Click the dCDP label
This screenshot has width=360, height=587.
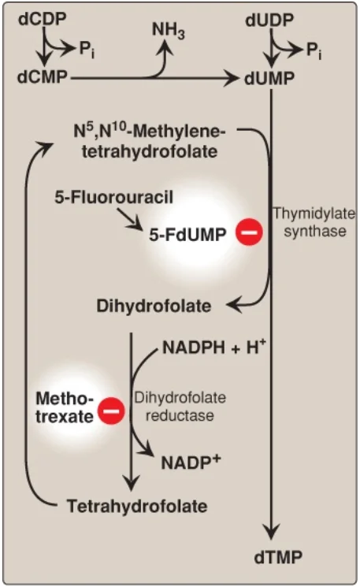click(43, 19)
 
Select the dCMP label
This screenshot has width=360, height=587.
click(43, 77)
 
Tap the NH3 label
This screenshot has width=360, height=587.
click(169, 30)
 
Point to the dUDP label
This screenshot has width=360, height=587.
click(269, 20)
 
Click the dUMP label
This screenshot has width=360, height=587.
click(269, 79)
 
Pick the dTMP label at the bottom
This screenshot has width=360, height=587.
click(278, 557)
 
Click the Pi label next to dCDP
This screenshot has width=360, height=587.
click(87, 50)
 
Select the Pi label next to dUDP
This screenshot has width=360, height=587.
click(314, 50)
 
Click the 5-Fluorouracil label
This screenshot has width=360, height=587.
click(113, 197)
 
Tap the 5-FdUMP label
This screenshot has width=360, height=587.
click(187, 235)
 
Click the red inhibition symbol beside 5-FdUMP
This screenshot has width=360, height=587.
click(249, 232)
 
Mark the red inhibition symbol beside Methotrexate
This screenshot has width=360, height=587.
click(111, 411)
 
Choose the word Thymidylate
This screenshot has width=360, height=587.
click(314, 214)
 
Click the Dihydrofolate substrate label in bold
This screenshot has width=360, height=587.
click(154, 306)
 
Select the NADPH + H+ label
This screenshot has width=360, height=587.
click(214, 347)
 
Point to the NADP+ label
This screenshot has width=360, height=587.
click(191, 463)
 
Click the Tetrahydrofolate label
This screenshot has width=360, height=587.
click(137, 506)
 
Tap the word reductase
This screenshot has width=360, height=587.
click(180, 415)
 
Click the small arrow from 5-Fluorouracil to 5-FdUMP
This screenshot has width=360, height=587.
click(129, 218)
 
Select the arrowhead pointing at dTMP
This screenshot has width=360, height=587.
click(271, 532)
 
